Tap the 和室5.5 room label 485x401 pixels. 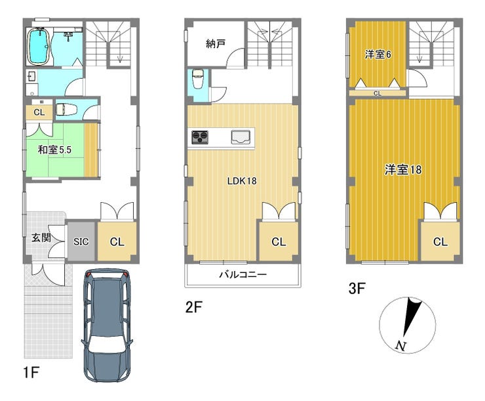54,150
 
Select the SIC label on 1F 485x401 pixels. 81,242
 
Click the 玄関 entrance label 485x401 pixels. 41,238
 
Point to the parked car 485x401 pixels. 107,325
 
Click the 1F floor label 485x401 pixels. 31,372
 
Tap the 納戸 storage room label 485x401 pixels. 216,44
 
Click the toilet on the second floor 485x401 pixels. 198,78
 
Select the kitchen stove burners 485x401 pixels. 200,137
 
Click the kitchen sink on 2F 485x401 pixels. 241,137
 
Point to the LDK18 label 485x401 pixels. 242,181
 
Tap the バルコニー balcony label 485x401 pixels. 242,274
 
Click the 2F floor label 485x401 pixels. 193,307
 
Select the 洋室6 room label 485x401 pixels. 378,54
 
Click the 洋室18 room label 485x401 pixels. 403,169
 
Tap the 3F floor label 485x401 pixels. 357,289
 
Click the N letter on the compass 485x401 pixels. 400,346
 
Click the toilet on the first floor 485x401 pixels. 66,110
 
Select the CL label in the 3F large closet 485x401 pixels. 440,242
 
